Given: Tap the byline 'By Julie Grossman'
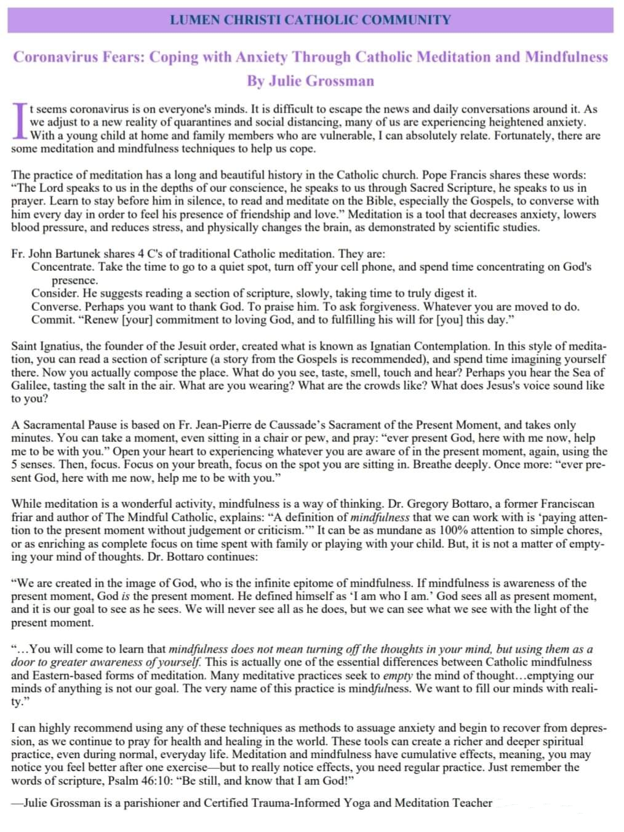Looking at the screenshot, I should click(x=310, y=81).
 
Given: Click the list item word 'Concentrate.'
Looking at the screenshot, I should click(x=62, y=266).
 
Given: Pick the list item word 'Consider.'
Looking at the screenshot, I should click(x=55, y=293).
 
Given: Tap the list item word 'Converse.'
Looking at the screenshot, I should click(x=56, y=306).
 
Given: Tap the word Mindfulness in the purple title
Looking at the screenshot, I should click(x=566, y=57).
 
